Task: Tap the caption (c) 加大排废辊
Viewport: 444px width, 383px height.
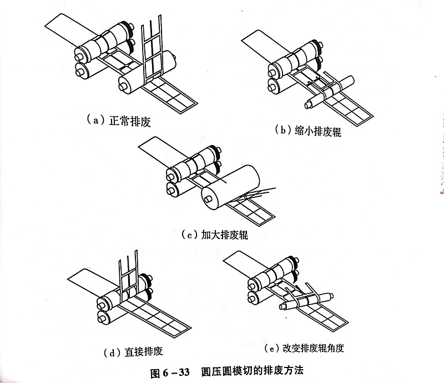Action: pyautogui.click(x=214, y=235)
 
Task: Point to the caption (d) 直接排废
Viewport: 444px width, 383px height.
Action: pyautogui.click(x=133, y=351)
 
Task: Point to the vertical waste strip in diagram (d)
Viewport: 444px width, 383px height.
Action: pyautogui.click(x=127, y=272)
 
